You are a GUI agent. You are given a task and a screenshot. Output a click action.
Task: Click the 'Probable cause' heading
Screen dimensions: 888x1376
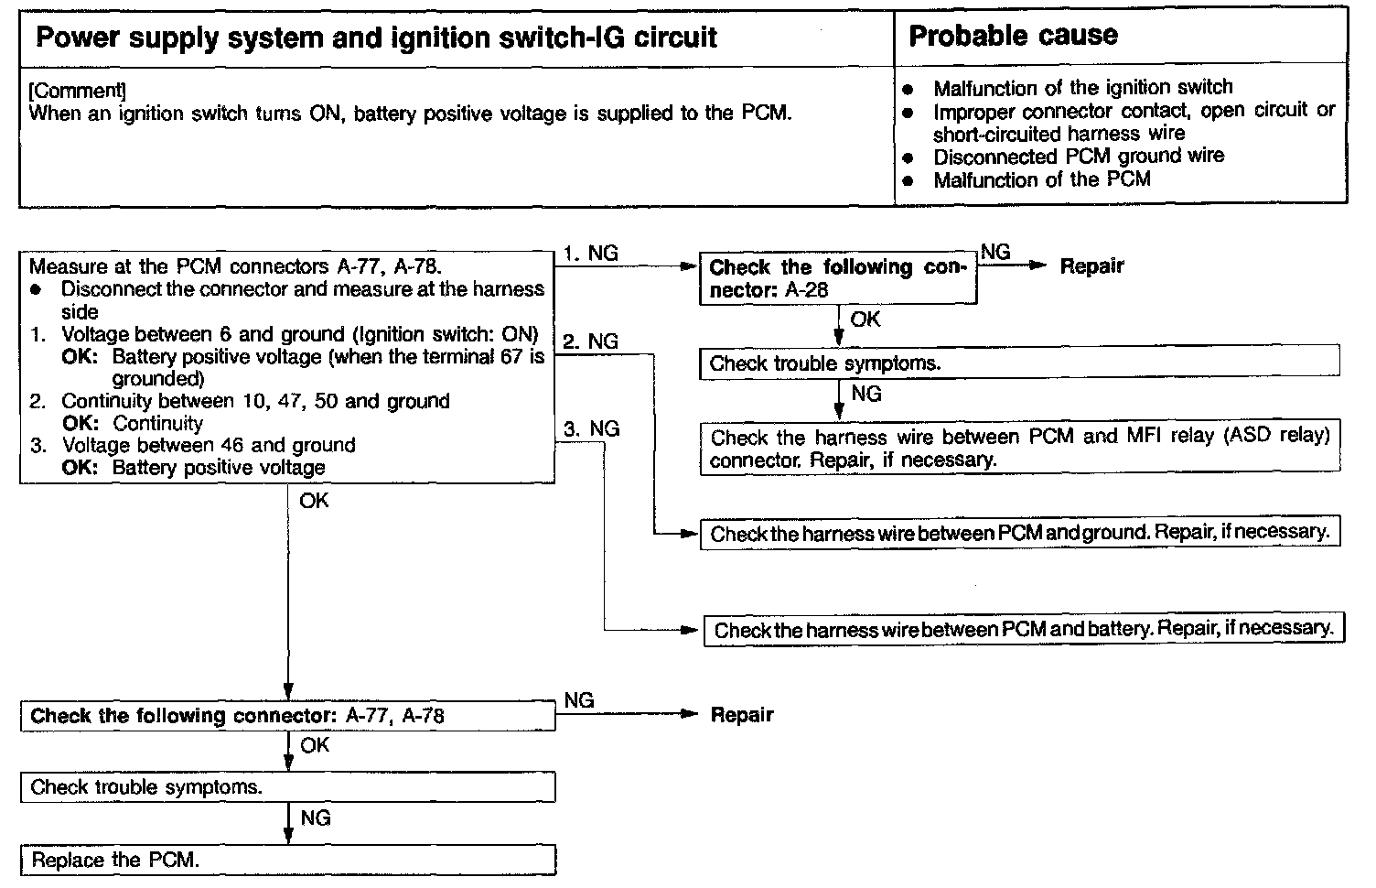(1013, 36)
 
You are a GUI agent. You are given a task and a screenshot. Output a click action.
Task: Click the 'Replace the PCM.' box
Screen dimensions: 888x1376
(287, 860)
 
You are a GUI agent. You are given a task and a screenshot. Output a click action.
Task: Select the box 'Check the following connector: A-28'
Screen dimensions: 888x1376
(837, 278)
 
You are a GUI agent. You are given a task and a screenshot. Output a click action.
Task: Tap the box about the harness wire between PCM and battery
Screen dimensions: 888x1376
(1023, 629)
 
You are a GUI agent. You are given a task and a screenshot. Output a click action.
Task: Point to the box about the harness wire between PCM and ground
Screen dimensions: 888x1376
(1019, 533)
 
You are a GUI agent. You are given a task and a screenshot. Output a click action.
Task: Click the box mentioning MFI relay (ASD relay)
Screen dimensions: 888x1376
(1019, 448)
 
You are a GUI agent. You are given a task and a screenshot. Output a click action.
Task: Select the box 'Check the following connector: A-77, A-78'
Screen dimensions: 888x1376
(287, 716)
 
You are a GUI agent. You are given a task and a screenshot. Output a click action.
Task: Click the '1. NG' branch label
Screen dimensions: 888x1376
(591, 254)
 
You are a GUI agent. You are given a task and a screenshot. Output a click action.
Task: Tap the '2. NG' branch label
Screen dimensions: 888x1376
(591, 341)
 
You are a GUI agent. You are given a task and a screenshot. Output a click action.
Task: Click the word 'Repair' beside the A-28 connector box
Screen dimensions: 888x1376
(1091, 266)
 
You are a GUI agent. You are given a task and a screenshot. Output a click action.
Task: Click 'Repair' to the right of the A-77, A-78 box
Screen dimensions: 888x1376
(742, 715)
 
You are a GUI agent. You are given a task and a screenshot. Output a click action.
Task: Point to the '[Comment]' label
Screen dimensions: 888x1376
(78, 91)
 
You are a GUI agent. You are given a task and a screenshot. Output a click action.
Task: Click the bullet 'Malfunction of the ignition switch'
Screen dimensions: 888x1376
(1082, 88)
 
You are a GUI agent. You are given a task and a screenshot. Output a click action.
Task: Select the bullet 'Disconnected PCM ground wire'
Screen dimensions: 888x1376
(1078, 156)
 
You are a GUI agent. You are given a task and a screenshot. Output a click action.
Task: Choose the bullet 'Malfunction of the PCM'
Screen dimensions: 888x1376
(1041, 179)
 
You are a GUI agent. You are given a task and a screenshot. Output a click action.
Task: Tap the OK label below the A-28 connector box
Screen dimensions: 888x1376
(865, 319)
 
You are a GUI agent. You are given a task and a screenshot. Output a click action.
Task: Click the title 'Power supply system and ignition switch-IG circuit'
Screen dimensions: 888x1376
(376, 38)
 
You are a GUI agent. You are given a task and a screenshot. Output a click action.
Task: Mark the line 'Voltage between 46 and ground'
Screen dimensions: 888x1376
(209, 446)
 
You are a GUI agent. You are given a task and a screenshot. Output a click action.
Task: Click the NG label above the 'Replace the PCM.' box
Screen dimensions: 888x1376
(315, 818)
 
